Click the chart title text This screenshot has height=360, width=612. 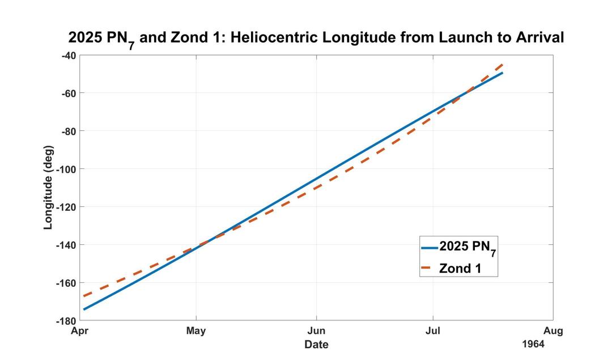316,39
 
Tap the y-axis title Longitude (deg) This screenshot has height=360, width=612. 49,188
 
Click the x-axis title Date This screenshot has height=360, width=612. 316,344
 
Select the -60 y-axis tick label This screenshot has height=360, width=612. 68,93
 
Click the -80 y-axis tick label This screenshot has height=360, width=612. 68,131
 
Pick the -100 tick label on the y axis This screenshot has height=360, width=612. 66,169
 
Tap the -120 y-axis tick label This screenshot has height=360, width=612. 66,207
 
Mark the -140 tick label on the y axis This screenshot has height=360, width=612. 66,245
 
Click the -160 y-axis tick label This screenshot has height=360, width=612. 66,282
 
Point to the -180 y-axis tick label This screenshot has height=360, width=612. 66,320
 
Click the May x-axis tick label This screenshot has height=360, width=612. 196,331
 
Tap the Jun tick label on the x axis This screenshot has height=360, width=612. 316,331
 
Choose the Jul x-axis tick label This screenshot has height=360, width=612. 433,331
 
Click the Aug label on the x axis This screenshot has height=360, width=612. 553,331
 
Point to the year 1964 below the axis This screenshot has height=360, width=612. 533,344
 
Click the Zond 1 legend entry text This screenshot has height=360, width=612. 460,268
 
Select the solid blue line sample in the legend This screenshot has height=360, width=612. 429,248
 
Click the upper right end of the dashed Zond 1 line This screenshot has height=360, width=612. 502,65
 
